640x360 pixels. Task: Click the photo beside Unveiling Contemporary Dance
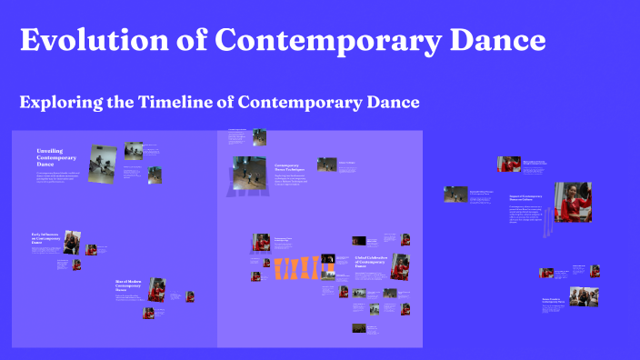pyautogui.click(x=101, y=157)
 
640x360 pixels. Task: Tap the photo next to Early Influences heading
pyautogui.click(x=73, y=243)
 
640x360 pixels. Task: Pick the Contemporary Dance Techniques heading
pyautogui.click(x=288, y=167)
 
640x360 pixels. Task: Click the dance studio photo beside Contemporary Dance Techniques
pyautogui.click(x=249, y=169)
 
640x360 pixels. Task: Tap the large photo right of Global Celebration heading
pyautogui.click(x=405, y=267)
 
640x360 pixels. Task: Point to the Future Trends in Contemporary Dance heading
pyautogui.click(x=554, y=299)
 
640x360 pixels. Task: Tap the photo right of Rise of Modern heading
pyautogui.click(x=156, y=289)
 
